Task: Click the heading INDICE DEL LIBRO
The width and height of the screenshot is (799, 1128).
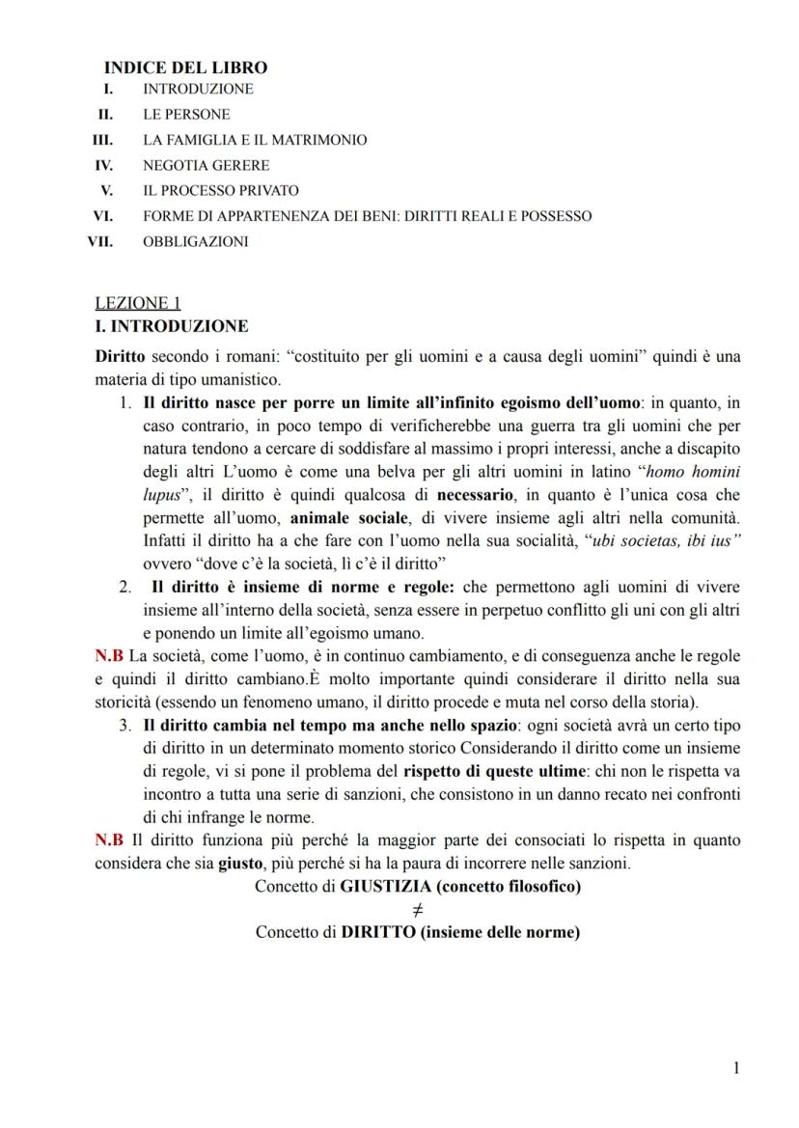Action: [185, 68]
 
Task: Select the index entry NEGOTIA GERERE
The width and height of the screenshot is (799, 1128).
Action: [206, 165]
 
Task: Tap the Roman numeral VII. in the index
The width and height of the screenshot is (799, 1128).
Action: [99, 241]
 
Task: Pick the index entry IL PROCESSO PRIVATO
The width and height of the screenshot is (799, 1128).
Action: [221, 190]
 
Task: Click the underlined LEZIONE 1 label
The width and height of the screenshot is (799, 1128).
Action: [131, 303]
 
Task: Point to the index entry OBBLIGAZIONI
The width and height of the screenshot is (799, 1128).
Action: [195, 241]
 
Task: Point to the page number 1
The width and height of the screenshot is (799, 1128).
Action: [736, 1067]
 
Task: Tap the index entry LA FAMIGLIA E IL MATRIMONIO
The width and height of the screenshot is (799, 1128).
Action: [255, 140]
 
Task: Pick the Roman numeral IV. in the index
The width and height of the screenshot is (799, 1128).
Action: [102, 165]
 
